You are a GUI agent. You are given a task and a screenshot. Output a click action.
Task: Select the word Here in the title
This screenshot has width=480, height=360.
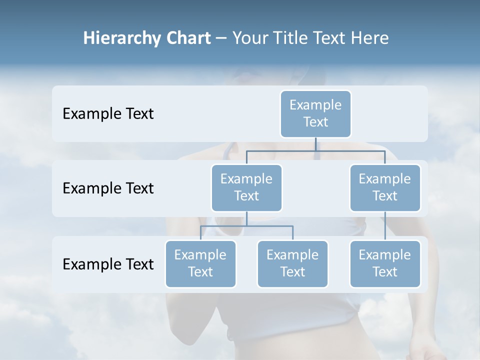pyautogui.click(x=370, y=38)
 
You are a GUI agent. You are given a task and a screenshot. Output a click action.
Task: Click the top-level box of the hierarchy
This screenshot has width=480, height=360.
pyautogui.click(x=315, y=113)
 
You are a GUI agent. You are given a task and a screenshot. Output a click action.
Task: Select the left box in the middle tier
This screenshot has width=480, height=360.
pyautogui.click(x=246, y=187)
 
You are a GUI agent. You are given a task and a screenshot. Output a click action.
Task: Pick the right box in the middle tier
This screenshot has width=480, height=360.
pyautogui.click(x=385, y=187)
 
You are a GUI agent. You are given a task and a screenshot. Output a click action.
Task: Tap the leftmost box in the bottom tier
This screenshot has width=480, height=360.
pyautogui.click(x=200, y=263)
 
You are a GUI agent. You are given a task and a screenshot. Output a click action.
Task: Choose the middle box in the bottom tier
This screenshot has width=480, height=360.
pyautogui.click(x=292, y=263)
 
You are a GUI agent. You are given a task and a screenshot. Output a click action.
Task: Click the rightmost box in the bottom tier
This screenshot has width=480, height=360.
pyautogui.click(x=385, y=263)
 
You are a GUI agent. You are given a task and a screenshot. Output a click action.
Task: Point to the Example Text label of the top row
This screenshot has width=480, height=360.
pyautogui.click(x=108, y=113)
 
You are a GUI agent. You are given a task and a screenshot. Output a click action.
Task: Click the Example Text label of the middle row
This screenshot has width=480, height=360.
pyautogui.click(x=108, y=188)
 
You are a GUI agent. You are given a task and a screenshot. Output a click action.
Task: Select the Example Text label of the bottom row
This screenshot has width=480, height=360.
pyautogui.click(x=108, y=264)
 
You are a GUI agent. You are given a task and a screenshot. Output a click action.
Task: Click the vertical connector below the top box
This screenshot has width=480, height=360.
pyautogui.click(x=315, y=144)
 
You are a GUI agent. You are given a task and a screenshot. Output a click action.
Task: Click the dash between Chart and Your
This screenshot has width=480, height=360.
pyautogui.click(x=221, y=38)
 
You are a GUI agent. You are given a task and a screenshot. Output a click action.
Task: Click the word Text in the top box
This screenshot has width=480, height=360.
pyautogui.click(x=315, y=122)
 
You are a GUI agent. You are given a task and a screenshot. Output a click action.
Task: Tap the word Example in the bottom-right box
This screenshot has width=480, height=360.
pyautogui.click(x=385, y=255)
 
